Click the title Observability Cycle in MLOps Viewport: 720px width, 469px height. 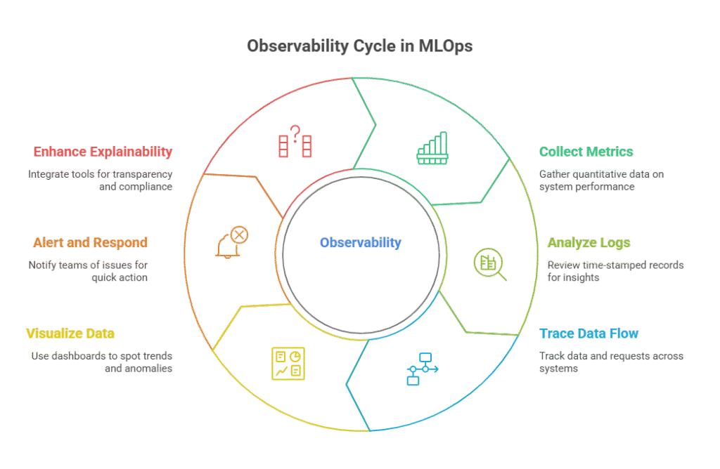(x=359, y=46)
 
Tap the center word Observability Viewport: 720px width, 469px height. (x=360, y=243)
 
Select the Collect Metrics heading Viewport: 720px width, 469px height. (x=586, y=152)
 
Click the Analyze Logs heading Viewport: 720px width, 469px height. (x=589, y=243)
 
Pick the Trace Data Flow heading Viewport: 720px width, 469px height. (x=589, y=333)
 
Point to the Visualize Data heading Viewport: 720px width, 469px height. (x=70, y=333)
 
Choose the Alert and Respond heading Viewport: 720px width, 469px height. (x=90, y=243)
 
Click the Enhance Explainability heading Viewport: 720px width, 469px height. (x=103, y=152)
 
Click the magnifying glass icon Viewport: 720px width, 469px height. (x=490, y=265)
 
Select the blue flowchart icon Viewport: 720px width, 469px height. (x=421, y=369)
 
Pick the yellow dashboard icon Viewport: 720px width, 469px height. (x=288, y=362)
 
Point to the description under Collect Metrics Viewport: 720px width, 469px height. (x=601, y=180)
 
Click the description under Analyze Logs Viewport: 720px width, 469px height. (x=615, y=271)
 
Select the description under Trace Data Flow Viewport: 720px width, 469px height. (x=611, y=362)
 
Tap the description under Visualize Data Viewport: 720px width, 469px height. (x=102, y=362)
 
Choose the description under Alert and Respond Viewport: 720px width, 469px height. (x=88, y=271)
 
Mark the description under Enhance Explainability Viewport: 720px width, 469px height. (x=101, y=180)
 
